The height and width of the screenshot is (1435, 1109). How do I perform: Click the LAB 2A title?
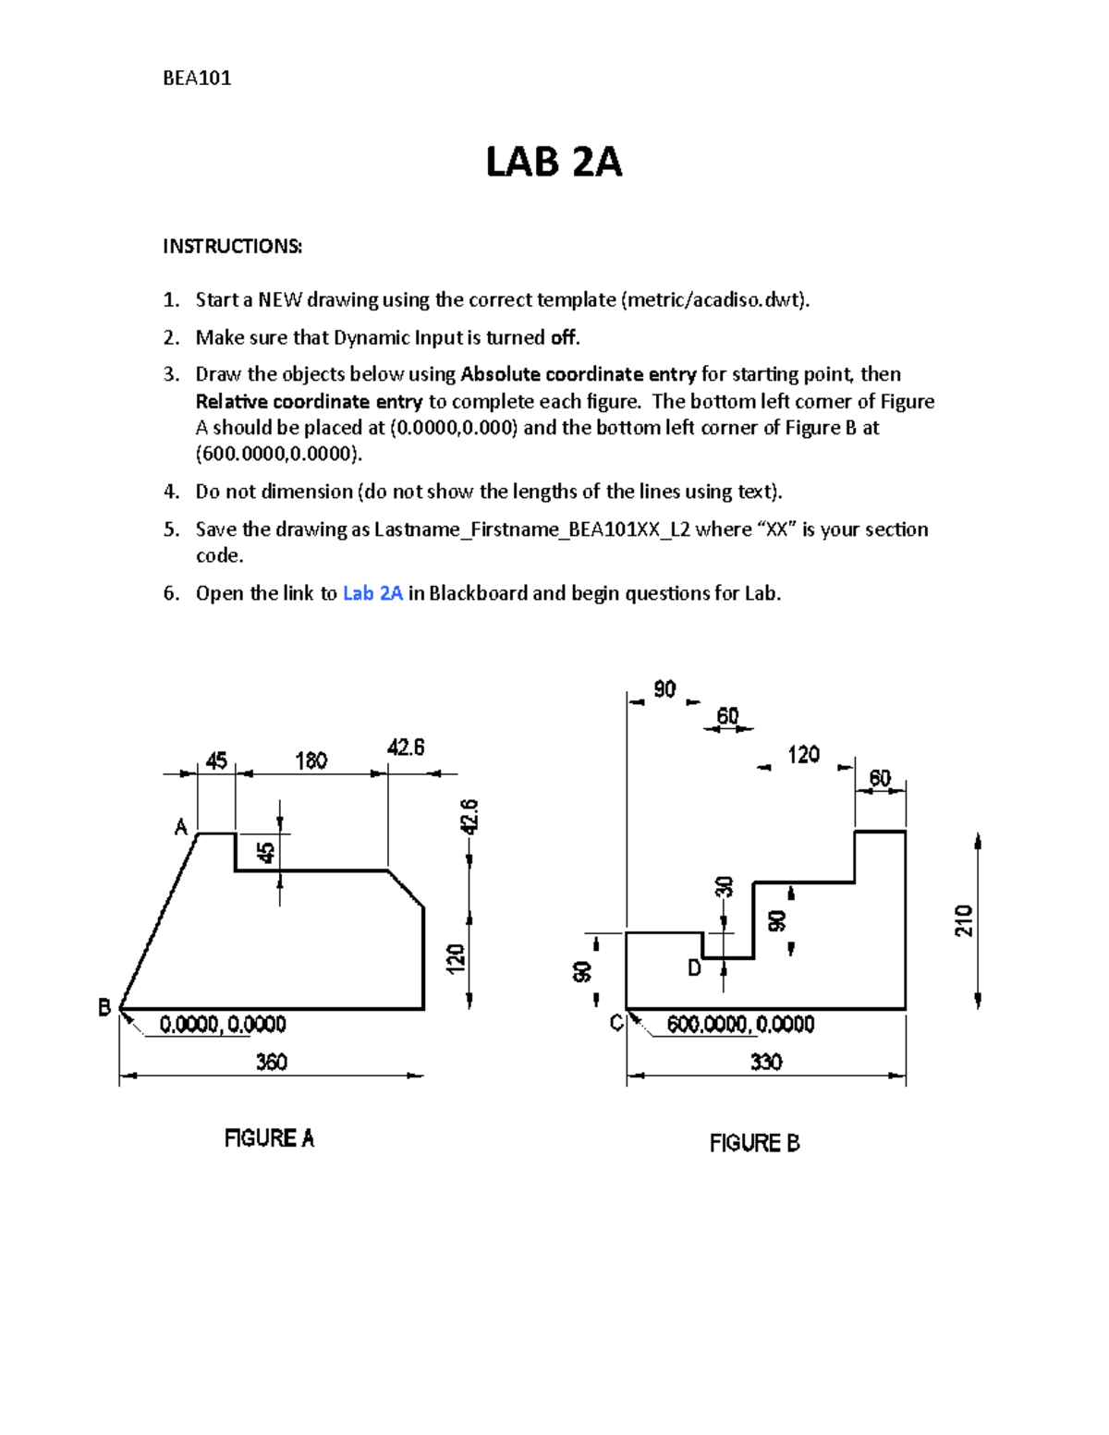pos(554,163)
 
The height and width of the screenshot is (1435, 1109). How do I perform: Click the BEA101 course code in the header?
pos(197,79)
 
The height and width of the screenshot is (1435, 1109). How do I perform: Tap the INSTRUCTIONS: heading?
pos(232,246)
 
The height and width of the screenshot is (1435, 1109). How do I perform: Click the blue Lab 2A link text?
pos(372,593)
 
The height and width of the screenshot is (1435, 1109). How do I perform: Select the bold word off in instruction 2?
pos(564,337)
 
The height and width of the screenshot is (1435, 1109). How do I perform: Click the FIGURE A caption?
pos(269,1138)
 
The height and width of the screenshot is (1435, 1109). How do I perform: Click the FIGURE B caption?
pos(754,1143)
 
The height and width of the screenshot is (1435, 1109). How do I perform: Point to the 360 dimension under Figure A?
pos(271,1062)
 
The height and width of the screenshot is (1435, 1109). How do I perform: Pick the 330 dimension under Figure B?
pos(766,1062)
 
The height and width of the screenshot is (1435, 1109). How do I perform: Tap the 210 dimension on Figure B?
pos(963,920)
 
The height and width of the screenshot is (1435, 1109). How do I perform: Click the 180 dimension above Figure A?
pos(311,760)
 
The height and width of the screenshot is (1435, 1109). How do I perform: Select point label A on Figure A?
pos(181,827)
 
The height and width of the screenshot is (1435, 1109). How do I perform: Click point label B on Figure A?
pos(104,1007)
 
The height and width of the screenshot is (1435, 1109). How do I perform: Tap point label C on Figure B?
pos(616,1023)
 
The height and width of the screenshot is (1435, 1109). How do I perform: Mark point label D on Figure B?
pos(694,968)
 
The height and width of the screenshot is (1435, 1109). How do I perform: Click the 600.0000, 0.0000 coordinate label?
pos(740,1024)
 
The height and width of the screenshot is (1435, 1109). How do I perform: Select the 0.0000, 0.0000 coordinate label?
pos(223,1024)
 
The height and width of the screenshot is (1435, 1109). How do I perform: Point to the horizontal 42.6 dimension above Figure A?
pos(406,748)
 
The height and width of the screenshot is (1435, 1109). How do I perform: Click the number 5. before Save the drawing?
pos(171,529)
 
